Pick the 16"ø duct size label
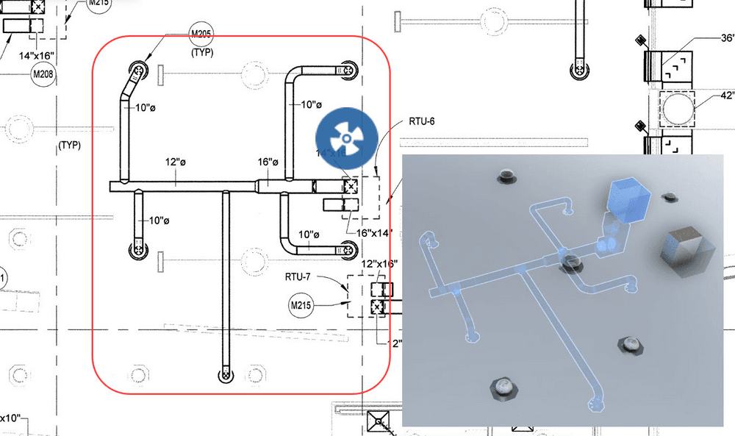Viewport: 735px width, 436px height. point(268,162)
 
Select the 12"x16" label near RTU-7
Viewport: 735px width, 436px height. point(380,263)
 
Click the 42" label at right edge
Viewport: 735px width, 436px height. point(727,95)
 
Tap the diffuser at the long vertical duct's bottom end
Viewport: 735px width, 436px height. point(225,376)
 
